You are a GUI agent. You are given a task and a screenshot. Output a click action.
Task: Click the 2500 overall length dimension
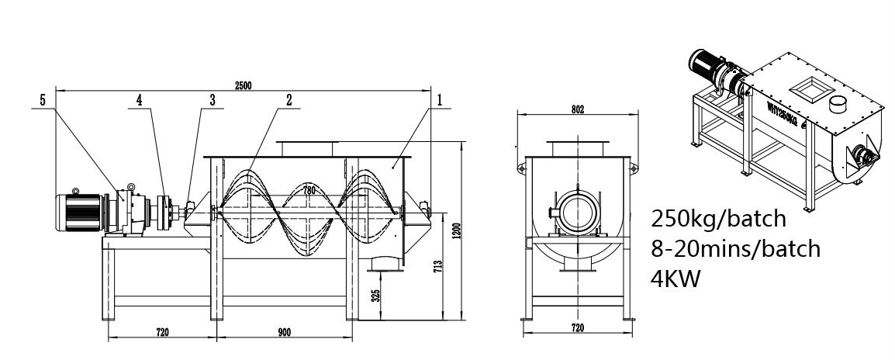click(243, 85)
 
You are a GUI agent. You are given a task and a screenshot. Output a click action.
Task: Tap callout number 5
click(42, 100)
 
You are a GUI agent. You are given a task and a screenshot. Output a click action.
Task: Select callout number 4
click(140, 100)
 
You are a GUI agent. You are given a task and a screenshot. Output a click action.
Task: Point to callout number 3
click(212, 100)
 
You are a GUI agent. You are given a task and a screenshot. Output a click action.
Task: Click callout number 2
click(289, 100)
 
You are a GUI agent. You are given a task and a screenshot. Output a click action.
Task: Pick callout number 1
click(439, 100)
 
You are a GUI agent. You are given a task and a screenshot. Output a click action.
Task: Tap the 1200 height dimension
click(457, 230)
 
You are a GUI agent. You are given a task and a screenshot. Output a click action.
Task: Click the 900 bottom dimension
click(283, 332)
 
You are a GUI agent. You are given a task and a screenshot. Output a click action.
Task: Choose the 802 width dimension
click(577, 109)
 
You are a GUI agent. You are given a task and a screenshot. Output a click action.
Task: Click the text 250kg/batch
click(719, 218)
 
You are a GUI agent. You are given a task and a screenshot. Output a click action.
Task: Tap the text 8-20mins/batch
click(735, 248)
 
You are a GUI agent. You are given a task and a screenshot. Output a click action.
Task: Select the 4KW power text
click(676, 278)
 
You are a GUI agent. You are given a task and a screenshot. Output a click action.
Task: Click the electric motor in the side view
click(81, 209)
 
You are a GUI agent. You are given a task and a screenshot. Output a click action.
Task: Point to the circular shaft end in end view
click(578, 211)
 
